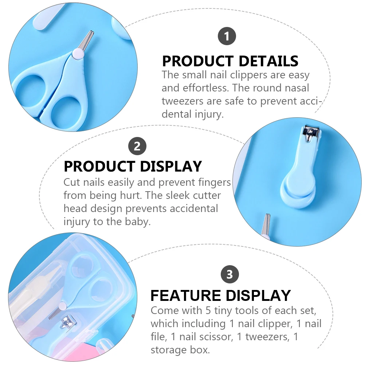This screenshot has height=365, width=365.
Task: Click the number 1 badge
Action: click(227, 36)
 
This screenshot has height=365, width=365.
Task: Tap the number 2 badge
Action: click(137, 146)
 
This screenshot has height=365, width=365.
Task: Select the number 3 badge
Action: click(230, 274)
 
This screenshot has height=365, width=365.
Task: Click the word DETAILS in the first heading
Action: click(268, 61)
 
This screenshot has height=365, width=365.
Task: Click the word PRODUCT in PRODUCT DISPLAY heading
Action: click(99, 166)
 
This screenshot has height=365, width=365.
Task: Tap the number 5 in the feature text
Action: click(208, 310)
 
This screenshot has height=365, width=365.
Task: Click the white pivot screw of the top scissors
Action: click(78, 54)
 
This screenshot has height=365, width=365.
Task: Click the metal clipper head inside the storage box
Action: click(67, 322)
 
